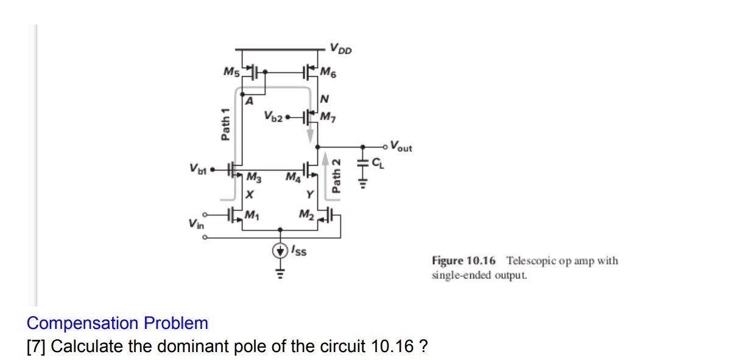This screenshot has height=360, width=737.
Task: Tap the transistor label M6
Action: pyautogui.click(x=328, y=74)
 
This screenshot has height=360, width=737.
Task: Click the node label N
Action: pyautogui.click(x=324, y=98)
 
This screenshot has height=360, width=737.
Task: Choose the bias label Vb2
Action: pyautogui.click(x=273, y=116)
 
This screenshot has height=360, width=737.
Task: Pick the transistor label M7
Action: pyautogui.click(x=328, y=116)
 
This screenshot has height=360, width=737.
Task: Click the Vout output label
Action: pyautogui.click(x=401, y=146)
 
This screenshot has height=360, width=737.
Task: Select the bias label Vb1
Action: pyautogui.click(x=199, y=167)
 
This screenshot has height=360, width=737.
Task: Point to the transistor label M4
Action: pyautogui.click(x=292, y=177)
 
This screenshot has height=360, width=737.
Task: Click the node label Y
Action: pyautogui.click(x=310, y=195)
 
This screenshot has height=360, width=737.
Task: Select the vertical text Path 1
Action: pyautogui.click(x=226, y=124)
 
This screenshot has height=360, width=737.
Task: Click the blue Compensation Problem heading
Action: pyautogui.click(x=118, y=323)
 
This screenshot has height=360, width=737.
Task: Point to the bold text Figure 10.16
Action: pyautogui.click(x=464, y=261)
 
